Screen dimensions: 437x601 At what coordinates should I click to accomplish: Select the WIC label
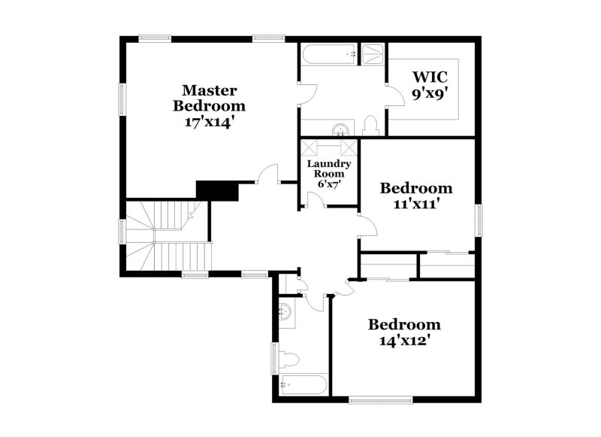[x=430, y=76]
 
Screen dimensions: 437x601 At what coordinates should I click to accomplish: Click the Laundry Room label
[x=329, y=168]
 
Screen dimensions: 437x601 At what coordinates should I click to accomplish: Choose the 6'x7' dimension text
[x=329, y=183]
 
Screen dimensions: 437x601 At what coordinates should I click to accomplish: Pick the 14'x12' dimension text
[x=404, y=340]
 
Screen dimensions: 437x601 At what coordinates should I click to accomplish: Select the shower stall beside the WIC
[x=372, y=54]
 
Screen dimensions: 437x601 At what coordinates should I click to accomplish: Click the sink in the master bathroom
[x=340, y=128]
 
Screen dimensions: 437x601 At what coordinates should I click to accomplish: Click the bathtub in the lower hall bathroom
[x=304, y=385]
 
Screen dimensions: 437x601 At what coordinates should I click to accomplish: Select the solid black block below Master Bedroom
[x=217, y=190]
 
